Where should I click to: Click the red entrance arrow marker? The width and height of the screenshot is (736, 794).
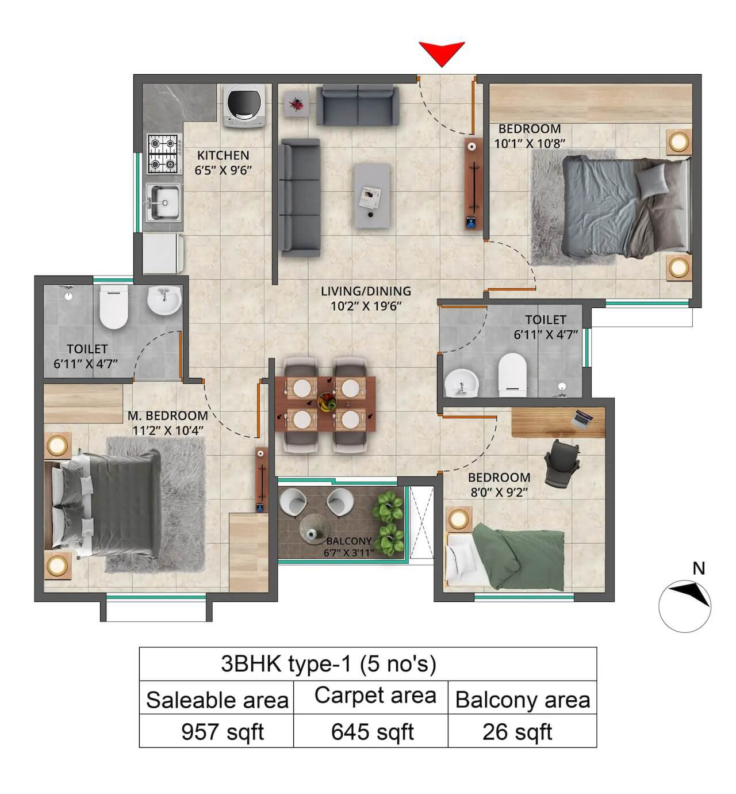(442, 53)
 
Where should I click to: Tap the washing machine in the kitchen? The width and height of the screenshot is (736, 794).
(244, 105)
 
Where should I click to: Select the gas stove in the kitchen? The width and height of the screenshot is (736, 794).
(163, 154)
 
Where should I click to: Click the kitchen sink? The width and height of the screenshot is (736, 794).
(163, 202)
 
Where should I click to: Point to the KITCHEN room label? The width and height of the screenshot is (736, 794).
(223, 155)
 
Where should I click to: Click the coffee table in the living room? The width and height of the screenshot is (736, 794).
(371, 195)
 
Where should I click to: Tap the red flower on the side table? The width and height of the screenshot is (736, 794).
(296, 105)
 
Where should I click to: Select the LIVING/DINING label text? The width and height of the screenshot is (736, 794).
(366, 291)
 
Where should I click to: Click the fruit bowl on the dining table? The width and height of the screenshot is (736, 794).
(326, 401)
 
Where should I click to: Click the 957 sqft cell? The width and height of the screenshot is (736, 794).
(222, 732)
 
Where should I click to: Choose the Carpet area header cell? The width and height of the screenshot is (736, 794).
(375, 696)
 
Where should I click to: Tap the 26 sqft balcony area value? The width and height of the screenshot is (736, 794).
(517, 732)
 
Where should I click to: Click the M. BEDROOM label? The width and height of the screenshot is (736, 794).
(167, 415)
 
